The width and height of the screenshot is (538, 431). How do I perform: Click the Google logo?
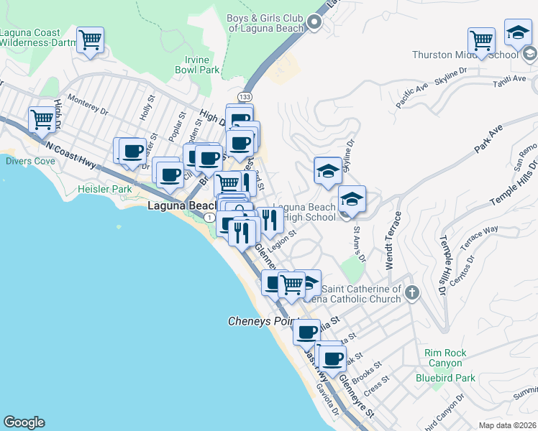[24, 422]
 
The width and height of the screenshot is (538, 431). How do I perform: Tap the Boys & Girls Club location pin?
[314, 23]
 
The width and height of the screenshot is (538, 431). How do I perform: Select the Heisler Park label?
[104, 189]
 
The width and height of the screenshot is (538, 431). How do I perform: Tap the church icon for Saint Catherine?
[411, 292]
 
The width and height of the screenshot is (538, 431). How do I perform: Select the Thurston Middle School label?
[465, 55]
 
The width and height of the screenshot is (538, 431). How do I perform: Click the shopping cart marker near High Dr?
[42, 120]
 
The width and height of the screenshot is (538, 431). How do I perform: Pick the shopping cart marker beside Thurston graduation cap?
[481, 40]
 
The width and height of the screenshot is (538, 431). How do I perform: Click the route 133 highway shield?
[245, 96]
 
